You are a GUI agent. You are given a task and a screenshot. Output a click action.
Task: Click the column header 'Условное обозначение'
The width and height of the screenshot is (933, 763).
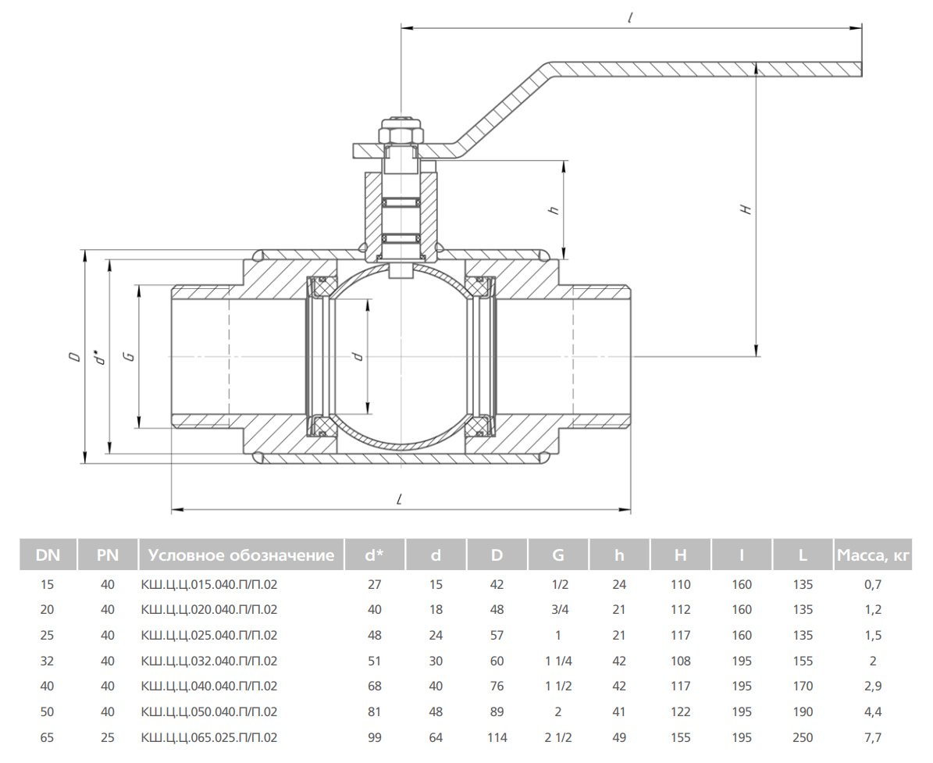tap(241, 555)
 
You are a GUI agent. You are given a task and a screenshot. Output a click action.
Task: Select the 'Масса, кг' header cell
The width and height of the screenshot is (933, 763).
tap(873, 555)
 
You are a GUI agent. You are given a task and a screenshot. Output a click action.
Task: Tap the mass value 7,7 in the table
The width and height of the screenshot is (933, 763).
tap(873, 737)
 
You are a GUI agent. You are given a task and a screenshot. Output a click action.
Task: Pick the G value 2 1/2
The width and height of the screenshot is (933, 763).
tap(558, 737)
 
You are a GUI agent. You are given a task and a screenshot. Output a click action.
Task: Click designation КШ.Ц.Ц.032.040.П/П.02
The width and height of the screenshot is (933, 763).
tap(209, 661)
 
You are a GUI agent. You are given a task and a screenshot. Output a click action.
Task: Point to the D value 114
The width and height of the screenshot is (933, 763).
tap(497, 737)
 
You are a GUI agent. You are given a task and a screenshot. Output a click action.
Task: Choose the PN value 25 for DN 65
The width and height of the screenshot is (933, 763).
tap(107, 737)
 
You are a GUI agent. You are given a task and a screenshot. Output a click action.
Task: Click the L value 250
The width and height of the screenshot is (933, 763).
tap(803, 737)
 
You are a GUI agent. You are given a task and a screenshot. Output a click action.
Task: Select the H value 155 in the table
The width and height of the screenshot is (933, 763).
tap(681, 737)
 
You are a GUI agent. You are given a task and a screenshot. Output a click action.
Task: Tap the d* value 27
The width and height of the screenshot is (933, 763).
tap(374, 584)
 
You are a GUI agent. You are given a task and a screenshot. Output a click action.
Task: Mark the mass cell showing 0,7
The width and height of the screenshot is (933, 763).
tap(873, 584)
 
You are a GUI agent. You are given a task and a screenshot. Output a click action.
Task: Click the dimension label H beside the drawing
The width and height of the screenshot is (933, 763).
tap(746, 209)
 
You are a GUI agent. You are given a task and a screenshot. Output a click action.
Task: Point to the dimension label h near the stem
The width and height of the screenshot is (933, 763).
tap(554, 209)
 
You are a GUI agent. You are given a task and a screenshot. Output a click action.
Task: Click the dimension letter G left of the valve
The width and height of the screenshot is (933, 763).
tap(128, 356)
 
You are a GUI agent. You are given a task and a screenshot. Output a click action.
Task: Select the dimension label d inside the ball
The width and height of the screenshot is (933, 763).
tap(358, 356)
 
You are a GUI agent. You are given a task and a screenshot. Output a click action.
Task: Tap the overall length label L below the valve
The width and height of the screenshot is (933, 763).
tap(401, 500)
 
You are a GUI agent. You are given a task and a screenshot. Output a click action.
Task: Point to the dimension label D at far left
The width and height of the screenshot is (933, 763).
tap(74, 356)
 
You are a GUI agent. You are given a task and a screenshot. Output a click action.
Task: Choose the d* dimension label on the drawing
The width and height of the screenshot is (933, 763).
tap(101, 356)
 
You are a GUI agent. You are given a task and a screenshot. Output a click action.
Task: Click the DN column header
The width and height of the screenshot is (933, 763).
tap(48, 555)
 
